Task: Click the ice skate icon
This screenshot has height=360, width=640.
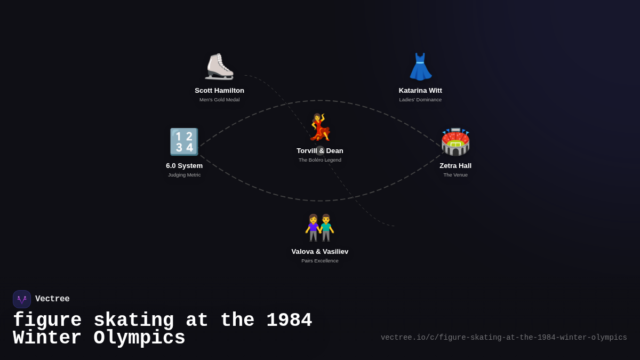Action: coord(219,67)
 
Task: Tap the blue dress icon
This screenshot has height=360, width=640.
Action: coord(420,67)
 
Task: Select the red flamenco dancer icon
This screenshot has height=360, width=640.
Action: coord(320,127)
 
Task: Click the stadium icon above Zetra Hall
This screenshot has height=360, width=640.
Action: coord(455,142)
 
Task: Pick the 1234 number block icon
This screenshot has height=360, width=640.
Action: coord(185,142)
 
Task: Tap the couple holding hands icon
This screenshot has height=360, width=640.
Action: coord(319,228)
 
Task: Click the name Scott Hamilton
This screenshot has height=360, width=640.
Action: coord(219,91)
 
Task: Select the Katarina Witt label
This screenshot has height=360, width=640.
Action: coord(420,91)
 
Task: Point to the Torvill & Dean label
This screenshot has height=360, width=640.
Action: coord(319,151)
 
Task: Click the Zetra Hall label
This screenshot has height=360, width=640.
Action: coord(455,166)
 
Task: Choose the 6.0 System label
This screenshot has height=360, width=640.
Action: coord(185,166)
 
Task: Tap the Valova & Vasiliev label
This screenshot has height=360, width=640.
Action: coord(319,252)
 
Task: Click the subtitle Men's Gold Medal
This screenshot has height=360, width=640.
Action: coord(219,100)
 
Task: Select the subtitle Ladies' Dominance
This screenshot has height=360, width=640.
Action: coord(420,100)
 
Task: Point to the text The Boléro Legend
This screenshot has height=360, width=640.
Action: coord(319,160)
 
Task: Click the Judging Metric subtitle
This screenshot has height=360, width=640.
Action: coord(185,175)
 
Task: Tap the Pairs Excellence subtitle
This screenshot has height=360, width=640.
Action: coord(319,261)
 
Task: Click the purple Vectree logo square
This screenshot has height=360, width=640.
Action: coord(22,299)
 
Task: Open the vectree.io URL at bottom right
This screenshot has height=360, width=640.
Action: coord(503,338)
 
